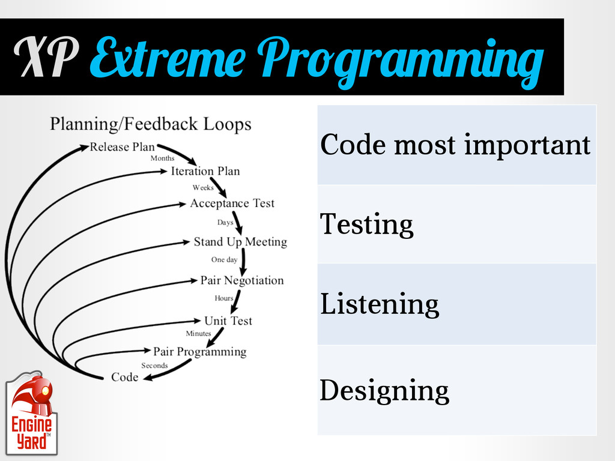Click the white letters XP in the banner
point(46,57)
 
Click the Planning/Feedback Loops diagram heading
point(151,124)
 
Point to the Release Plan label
point(122,146)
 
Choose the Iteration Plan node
point(205,171)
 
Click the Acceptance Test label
point(232,203)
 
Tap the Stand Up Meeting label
point(240,242)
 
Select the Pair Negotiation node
point(242,280)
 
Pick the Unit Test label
point(228,321)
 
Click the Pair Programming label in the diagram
point(199,352)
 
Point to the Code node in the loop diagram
point(125,377)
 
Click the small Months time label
point(162,158)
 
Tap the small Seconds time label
point(154,366)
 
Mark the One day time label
point(225,259)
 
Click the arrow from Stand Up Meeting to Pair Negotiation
point(244,262)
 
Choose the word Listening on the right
point(380,304)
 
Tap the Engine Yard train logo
point(31,413)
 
